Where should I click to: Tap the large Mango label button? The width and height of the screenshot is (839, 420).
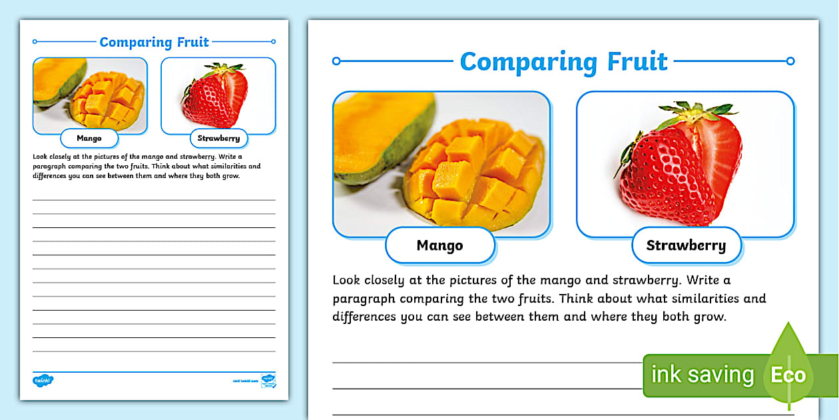[439, 245]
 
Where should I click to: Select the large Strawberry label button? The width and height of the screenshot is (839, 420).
[686, 245]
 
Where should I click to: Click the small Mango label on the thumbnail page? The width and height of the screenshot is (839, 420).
[89, 139]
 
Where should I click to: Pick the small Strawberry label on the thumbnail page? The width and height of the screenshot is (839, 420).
[218, 139]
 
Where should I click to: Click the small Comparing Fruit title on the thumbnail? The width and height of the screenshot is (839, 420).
[154, 42]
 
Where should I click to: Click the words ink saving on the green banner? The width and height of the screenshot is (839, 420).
[702, 375]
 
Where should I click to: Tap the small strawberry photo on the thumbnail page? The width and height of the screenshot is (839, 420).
[218, 95]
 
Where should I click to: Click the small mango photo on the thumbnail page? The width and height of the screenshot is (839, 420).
[90, 93]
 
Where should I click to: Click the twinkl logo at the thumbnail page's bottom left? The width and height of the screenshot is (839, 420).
[43, 380]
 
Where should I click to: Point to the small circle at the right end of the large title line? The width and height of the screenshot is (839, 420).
[790, 61]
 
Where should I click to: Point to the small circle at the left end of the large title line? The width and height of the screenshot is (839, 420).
[336, 61]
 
